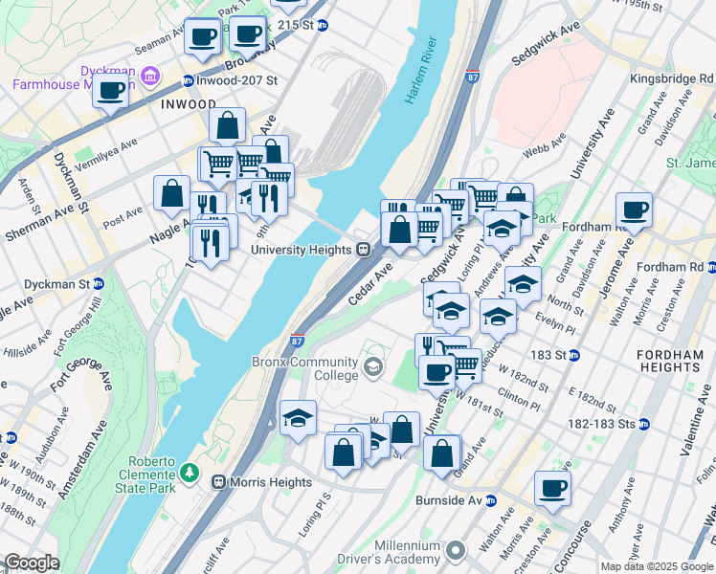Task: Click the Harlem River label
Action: coord(421,72)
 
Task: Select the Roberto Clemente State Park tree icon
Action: coord(190,473)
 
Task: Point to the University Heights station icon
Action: coord(364,250)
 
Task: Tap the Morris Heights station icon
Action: coord(219,482)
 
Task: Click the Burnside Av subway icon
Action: coord(490,500)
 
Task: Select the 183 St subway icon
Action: coord(574,355)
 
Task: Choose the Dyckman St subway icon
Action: coord(100,284)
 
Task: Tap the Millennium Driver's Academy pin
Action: coord(456,551)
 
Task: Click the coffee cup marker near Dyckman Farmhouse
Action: coord(111,92)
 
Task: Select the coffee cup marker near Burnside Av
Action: coord(552,489)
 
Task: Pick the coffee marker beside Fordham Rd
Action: coord(634,210)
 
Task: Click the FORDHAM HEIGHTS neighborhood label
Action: coord(670,361)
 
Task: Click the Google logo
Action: coord(31,563)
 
